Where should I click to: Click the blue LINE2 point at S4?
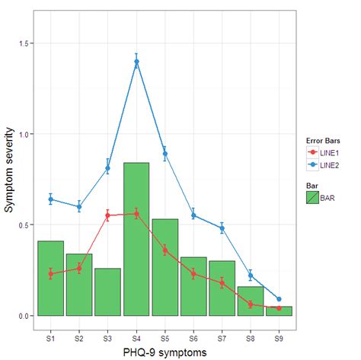click(136, 62)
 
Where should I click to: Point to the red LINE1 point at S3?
click(107, 215)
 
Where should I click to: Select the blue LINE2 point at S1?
click(50, 199)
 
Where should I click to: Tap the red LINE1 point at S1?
click(50, 274)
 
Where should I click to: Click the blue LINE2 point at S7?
click(222, 228)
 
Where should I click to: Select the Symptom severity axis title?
click(8, 180)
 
